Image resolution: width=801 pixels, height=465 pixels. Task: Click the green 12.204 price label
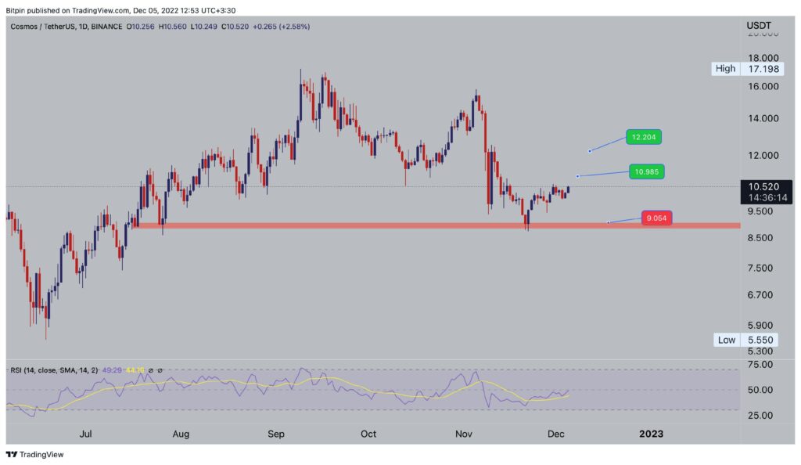(x=645, y=137)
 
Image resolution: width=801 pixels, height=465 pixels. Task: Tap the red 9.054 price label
(x=657, y=218)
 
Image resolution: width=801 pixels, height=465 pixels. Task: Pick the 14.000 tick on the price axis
(x=762, y=118)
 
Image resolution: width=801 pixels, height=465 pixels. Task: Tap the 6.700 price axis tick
(x=762, y=295)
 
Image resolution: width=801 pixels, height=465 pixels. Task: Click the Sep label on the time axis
(x=276, y=434)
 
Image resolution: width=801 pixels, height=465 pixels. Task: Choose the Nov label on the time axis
(x=464, y=434)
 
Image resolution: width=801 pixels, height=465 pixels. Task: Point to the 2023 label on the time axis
(x=651, y=434)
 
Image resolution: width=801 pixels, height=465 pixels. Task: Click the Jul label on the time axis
(x=87, y=434)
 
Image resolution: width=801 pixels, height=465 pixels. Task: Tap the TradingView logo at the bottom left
(x=35, y=455)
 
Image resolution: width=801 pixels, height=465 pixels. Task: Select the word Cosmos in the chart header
(x=27, y=27)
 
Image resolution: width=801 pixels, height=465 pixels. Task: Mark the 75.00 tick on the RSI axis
(x=760, y=365)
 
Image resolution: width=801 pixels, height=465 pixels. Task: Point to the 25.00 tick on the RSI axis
(x=760, y=415)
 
